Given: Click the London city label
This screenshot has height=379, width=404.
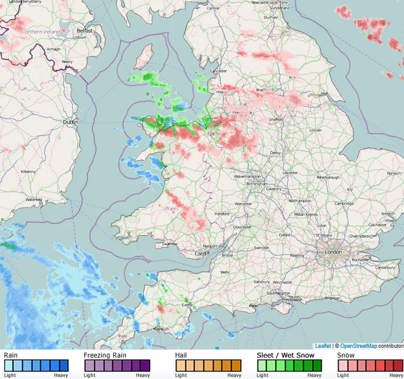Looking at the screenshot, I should [x=333, y=252].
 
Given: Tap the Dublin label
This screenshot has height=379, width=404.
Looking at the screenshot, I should [x=70, y=122].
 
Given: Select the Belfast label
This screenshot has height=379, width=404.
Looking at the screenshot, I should [x=85, y=30].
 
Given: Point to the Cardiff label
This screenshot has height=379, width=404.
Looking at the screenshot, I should [x=202, y=254].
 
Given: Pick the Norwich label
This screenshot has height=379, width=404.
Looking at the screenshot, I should [x=394, y=173].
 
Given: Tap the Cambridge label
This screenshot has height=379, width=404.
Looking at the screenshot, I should [x=345, y=203].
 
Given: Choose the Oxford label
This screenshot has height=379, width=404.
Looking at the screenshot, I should [x=284, y=235].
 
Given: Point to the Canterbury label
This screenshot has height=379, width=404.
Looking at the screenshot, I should [x=385, y=268].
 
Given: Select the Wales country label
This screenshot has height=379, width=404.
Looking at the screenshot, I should [x=171, y=208].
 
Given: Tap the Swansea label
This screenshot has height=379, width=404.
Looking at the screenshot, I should [x=169, y=243].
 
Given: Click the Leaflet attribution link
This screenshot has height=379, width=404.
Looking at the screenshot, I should [x=323, y=346].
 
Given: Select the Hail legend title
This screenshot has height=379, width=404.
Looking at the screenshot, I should [x=181, y=355].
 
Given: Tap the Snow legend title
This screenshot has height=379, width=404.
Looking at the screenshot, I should [x=346, y=355].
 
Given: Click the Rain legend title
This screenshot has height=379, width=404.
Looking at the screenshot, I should [x=11, y=355].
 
